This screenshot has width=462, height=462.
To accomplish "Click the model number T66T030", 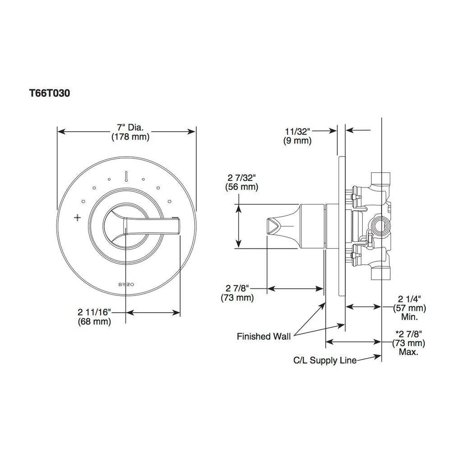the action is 50,93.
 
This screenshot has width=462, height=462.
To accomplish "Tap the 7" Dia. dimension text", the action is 130,128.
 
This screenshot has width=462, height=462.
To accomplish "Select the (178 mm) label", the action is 130,137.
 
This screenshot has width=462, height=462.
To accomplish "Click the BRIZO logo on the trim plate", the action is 126,285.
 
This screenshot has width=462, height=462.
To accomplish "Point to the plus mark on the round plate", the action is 78,218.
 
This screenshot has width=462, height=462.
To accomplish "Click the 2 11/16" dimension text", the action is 94,312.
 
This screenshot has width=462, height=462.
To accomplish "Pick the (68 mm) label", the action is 94,321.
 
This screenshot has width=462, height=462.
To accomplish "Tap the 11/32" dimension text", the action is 298,131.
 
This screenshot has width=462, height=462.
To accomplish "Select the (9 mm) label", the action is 297,141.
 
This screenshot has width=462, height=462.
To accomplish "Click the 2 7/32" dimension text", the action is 242,178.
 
